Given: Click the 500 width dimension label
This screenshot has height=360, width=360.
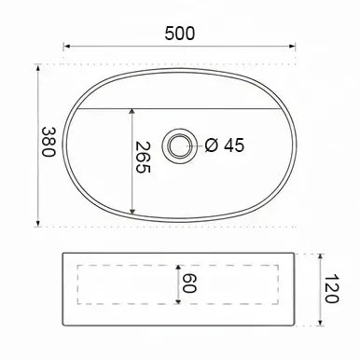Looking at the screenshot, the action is pos(180,34).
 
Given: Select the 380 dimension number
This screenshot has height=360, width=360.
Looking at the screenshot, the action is pos(48,142).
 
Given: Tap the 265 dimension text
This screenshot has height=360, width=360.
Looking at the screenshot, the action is pos(144,158).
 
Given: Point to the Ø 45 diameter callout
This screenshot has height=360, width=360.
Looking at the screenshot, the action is pos(225,145).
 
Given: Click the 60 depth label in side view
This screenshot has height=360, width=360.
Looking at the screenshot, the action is pos(188,284).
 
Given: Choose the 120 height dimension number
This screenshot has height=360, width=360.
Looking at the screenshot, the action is pos(331,289).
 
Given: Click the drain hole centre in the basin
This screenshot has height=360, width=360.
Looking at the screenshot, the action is pos(179,145).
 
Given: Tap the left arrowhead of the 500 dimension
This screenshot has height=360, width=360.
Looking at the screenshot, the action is pos(66,47).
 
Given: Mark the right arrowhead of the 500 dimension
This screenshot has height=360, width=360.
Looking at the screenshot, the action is pos(292,47).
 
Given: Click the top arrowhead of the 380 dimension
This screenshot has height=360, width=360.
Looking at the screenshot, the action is pos(38,67).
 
